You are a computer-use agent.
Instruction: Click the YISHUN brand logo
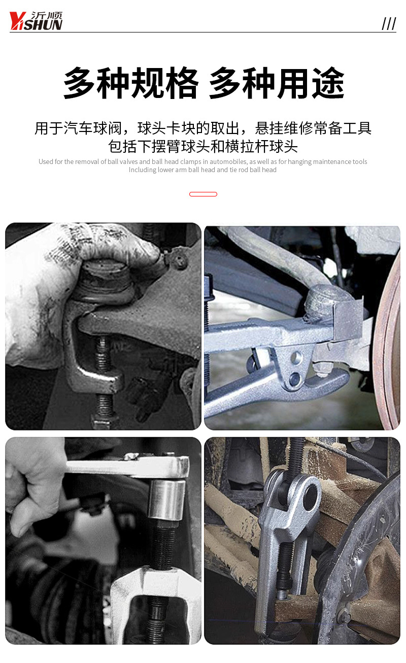tap(36, 21)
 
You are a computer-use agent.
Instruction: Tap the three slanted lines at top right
tap(389, 23)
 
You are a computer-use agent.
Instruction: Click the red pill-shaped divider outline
tap(203, 194)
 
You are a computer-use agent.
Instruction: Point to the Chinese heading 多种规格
tap(130, 83)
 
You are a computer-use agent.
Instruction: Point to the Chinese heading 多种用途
tap(277, 83)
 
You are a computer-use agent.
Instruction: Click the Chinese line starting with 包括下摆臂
tap(203, 146)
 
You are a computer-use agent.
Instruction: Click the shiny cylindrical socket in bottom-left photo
tap(166, 500)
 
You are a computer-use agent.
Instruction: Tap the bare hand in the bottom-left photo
tap(32, 485)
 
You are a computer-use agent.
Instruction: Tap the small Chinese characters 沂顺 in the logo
tap(47, 15)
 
